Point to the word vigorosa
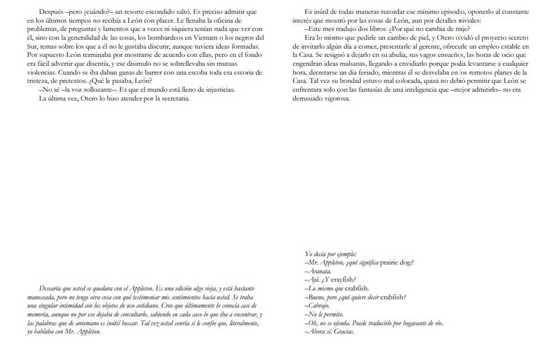point(333,99)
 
